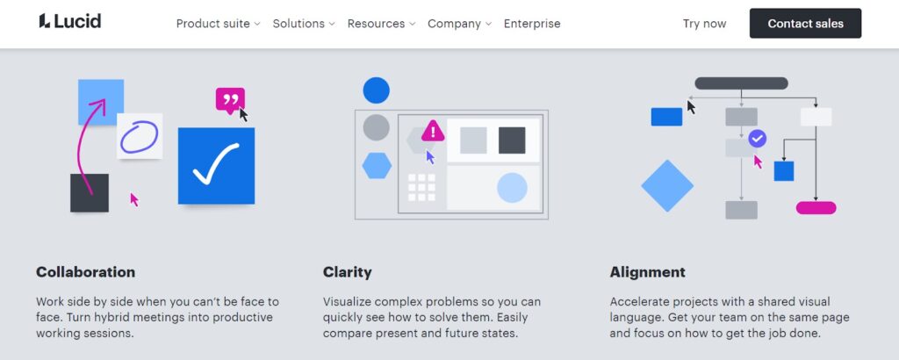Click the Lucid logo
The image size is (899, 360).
pyautogui.click(x=70, y=22)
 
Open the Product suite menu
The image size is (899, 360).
pyautogui.click(x=218, y=24)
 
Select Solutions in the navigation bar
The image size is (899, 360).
pyautogui.click(x=303, y=24)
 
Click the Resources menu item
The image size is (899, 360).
pyautogui.click(x=381, y=24)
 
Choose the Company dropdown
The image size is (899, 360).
pyautogui.click(x=459, y=24)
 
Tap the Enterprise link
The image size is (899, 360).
pyautogui.click(x=532, y=24)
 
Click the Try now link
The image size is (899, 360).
pyautogui.click(x=704, y=24)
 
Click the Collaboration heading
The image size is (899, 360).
pyautogui.click(x=85, y=271)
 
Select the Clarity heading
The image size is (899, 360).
pyautogui.click(x=347, y=271)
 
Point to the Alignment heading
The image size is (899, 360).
pyautogui.click(x=647, y=271)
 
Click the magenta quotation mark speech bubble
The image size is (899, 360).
pyautogui.click(x=231, y=100)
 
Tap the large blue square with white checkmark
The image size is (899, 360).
pyautogui.click(x=216, y=166)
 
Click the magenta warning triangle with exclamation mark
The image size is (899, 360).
pyautogui.click(x=433, y=131)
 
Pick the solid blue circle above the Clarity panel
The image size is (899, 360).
pyautogui.click(x=376, y=90)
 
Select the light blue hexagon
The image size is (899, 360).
pyautogui.click(x=377, y=166)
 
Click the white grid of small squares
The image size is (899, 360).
pyautogui.click(x=421, y=187)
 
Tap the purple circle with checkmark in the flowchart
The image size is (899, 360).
pyautogui.click(x=758, y=138)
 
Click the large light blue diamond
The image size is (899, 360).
pyautogui.click(x=667, y=186)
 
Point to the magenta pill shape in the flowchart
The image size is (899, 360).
pyautogui.click(x=816, y=207)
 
